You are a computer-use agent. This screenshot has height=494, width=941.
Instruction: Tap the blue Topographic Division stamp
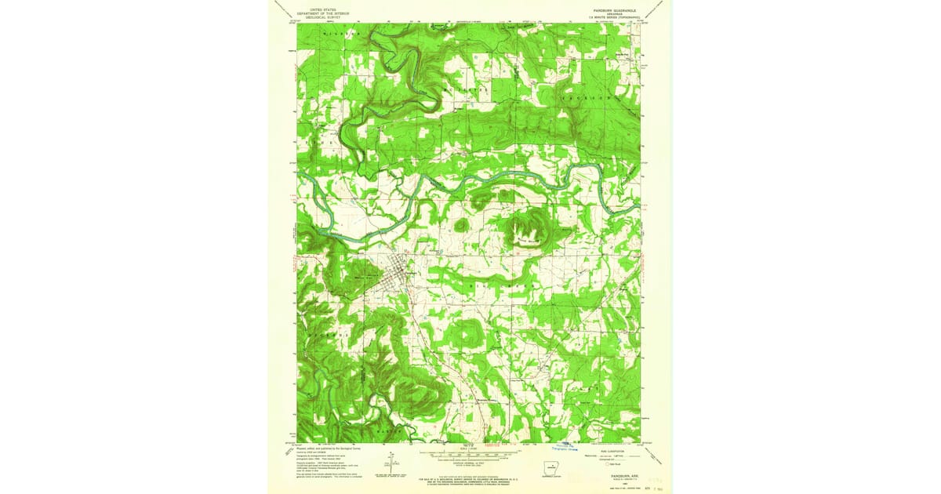tap(561, 448)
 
